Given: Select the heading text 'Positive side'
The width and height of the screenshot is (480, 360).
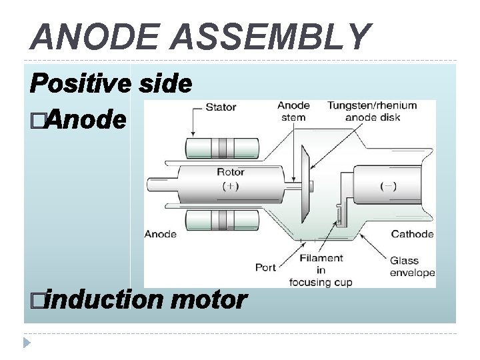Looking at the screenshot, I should (x=111, y=84).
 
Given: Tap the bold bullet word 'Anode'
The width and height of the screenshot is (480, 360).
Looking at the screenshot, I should (x=87, y=120).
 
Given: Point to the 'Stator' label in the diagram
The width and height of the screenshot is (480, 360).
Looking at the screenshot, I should (x=221, y=107).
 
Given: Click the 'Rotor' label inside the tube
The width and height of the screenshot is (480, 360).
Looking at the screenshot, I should (x=230, y=172).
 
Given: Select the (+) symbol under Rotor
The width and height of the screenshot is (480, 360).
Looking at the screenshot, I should (x=230, y=186).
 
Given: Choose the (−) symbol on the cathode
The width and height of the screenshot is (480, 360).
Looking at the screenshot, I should (x=387, y=186).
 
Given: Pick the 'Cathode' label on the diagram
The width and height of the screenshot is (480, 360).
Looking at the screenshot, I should (x=412, y=234).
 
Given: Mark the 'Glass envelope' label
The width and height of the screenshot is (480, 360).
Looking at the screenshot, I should (x=412, y=267).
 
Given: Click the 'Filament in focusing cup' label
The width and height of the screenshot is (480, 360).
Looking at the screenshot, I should (x=321, y=269).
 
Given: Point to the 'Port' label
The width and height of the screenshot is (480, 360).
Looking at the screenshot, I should (x=265, y=268).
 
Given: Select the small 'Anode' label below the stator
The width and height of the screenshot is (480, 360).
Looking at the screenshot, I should (x=161, y=234).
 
